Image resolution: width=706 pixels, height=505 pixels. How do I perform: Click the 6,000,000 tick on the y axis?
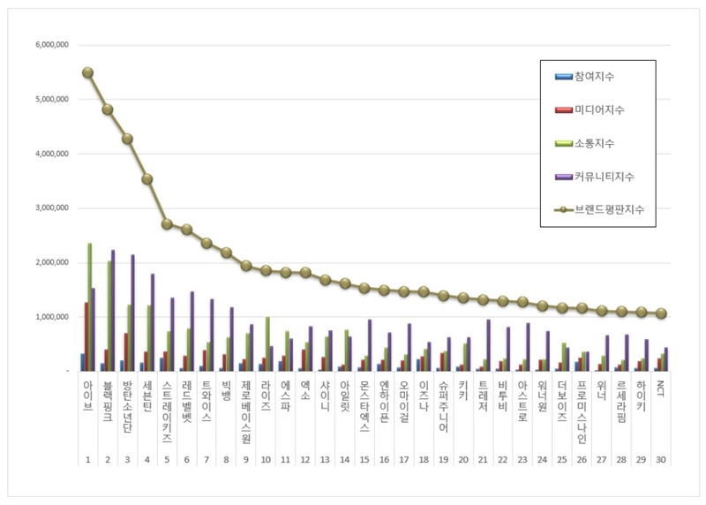click(50, 45)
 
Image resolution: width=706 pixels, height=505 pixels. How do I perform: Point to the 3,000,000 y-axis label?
click(50, 208)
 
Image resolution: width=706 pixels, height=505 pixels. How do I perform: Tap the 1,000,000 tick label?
click(50, 317)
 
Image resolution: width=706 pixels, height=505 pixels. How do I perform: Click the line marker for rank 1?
click(87, 72)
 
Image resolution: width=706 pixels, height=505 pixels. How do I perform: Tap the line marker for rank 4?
click(147, 178)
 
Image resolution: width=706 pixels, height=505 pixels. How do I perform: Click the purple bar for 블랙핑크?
click(114, 310)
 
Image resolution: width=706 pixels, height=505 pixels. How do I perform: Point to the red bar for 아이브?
click(86, 336)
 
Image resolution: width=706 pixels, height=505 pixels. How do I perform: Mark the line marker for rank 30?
click(662, 313)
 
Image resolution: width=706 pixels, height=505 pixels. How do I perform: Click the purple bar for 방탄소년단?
click(133, 313)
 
